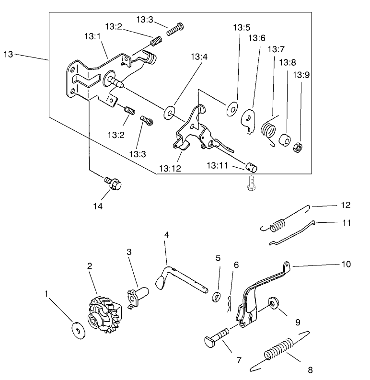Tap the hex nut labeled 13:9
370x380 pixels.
point(297,146)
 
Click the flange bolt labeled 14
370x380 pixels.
point(113,183)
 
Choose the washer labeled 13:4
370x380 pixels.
point(169,113)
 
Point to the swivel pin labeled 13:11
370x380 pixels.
point(251,167)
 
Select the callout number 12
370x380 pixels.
point(346,205)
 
